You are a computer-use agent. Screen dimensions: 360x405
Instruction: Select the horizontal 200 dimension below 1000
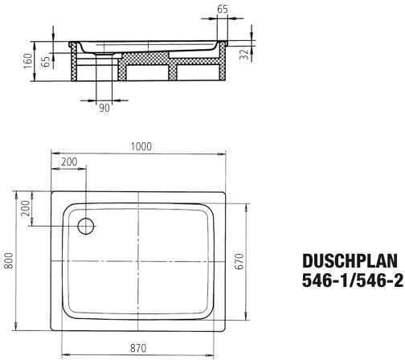69,162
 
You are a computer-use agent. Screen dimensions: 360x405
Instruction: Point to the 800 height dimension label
9,261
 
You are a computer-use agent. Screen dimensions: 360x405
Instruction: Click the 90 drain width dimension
104,108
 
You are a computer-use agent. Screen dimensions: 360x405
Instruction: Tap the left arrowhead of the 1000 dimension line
54,152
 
